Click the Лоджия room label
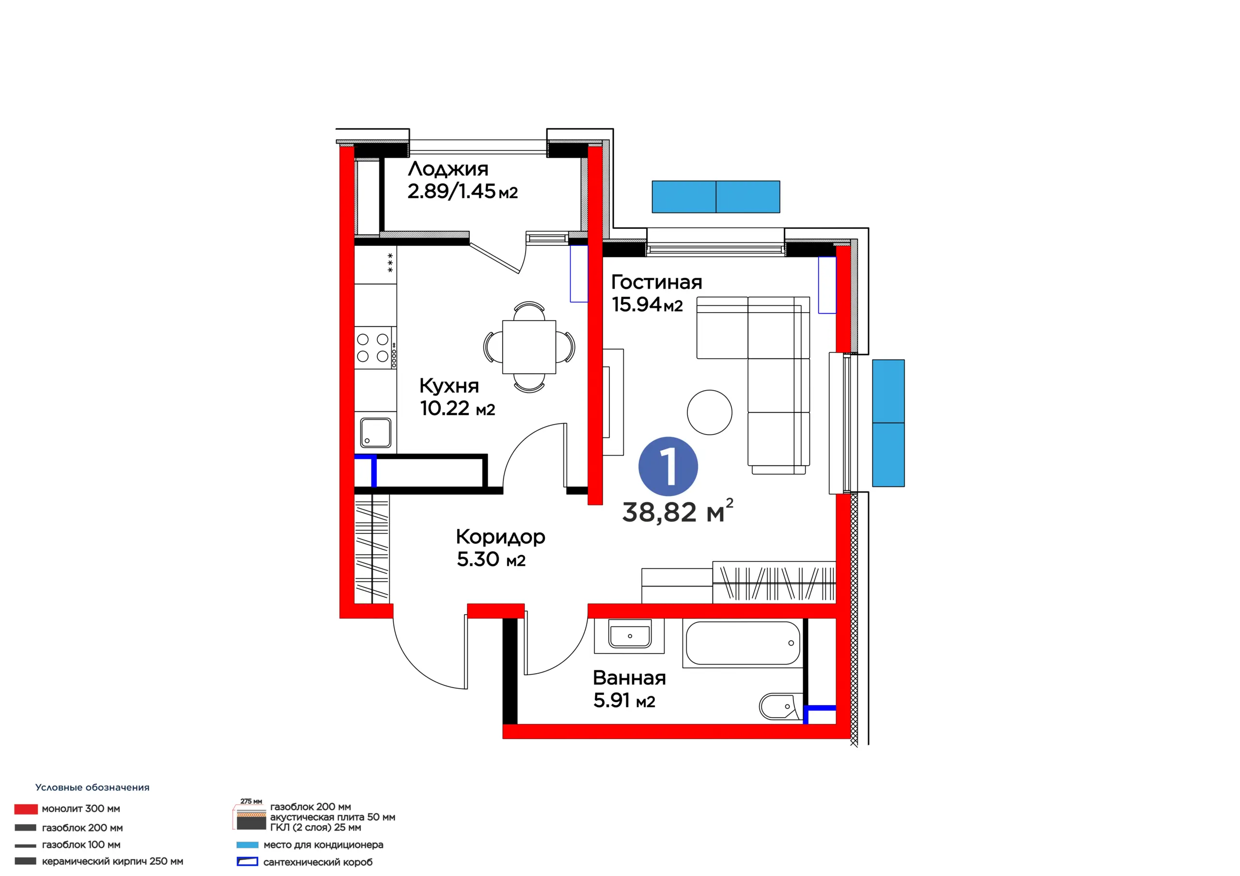coord(448,169)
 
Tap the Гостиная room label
coord(656,282)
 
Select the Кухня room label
coord(449,386)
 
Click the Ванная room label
coord(629,678)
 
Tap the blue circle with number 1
coord(668,467)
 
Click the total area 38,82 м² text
coord(677,511)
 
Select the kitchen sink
coord(375,432)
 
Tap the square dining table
coord(529,347)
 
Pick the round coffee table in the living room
coord(709,412)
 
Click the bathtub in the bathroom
coord(743,643)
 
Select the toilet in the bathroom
coord(781,706)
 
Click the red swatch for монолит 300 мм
coord(26,809)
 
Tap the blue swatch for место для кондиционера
coord(248,845)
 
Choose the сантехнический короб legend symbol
coord(248,862)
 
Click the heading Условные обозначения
coord(93,787)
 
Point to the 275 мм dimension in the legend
coord(251,801)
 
